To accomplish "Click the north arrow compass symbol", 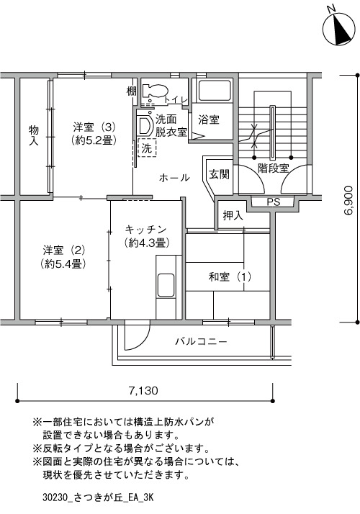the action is point(339,29).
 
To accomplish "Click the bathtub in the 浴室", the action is point(215,90).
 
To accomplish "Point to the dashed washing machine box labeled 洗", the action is point(147,148).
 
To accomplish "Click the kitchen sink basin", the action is point(166,284).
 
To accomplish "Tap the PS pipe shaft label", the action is point(273,202).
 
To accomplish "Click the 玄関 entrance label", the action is point(220,174).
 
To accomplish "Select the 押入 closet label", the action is point(233,215).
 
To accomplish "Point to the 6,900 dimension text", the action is point(349,200).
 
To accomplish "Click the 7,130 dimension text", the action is point(143,390).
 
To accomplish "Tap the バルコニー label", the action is point(201,342).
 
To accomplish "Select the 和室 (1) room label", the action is point(230,277).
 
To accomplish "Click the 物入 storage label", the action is point(33,135).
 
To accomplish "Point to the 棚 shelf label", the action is point(132,91).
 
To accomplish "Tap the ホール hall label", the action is point(174,178).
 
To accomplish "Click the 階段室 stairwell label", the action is point(273,168).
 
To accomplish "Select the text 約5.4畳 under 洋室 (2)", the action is point(63,264).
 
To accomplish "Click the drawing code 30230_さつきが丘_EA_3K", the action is point(98,497).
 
